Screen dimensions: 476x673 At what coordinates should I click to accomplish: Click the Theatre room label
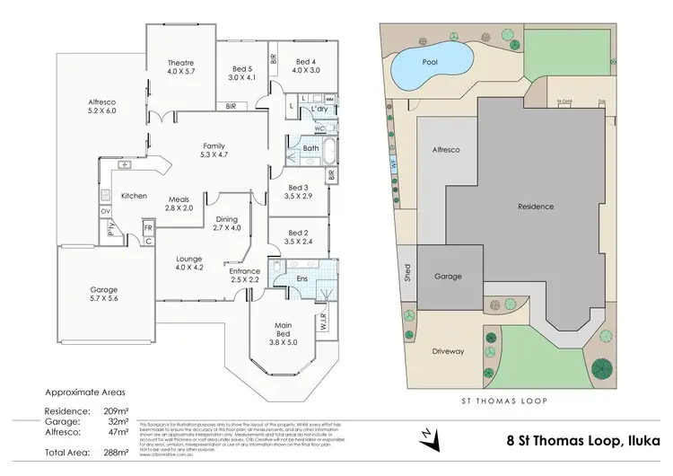click(175, 63)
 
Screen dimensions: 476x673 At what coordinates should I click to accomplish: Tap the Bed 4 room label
click(307, 61)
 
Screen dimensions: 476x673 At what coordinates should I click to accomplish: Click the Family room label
click(213, 145)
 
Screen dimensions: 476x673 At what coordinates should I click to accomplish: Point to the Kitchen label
click(134, 195)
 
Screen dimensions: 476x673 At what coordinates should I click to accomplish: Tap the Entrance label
click(244, 271)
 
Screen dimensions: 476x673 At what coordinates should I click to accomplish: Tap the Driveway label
click(448, 351)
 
